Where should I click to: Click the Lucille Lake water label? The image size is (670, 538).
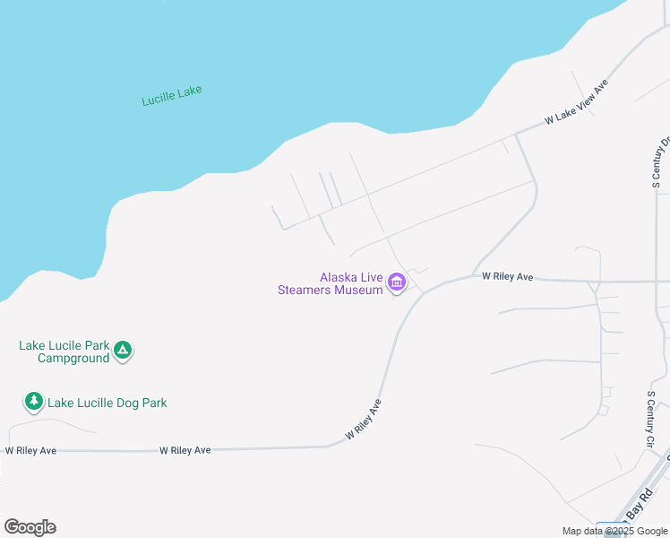pyautogui.click(x=172, y=95)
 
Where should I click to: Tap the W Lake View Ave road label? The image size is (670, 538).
pyautogui.click(x=577, y=101)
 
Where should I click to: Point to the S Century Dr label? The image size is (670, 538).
pyautogui.click(x=661, y=161)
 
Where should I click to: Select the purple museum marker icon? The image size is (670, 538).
pyautogui.click(x=397, y=284)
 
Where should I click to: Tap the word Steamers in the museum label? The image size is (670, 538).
pyautogui.click(x=305, y=290)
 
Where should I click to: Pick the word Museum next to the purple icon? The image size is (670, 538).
pyautogui.click(x=359, y=290)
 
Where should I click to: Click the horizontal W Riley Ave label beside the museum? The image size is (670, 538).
pyautogui.click(x=507, y=277)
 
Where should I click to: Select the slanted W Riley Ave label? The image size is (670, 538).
pyautogui.click(x=364, y=420)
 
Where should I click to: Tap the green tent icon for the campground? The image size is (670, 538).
pyautogui.click(x=124, y=351)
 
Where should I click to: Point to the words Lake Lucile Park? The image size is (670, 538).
pyautogui.click(x=64, y=345)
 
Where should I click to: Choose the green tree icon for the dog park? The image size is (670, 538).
pyautogui.click(x=34, y=401)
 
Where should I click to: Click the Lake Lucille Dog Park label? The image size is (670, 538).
pyautogui.click(x=107, y=403)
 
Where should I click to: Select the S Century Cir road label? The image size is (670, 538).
pyautogui.click(x=651, y=419)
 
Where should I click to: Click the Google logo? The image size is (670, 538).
pyautogui.click(x=30, y=527)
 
